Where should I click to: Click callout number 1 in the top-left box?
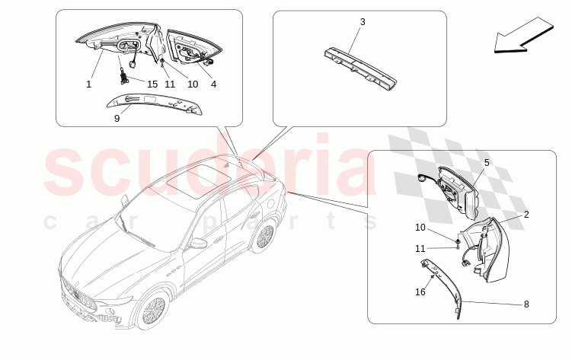click(88, 84)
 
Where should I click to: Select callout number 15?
click(152, 84)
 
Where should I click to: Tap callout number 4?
click(214, 84)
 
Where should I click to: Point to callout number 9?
click(117, 119)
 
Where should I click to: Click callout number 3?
click(363, 22)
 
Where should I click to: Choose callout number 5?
click(487, 163)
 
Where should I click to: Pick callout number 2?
click(526, 215)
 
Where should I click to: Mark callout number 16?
click(420, 292)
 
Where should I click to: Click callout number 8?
click(526, 304)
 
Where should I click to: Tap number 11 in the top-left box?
click(170, 84)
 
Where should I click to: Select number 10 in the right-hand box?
click(420, 228)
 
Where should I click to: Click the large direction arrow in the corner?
click(524, 35)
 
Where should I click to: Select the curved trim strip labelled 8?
click(442, 288)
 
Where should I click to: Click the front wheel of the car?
click(154, 310)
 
